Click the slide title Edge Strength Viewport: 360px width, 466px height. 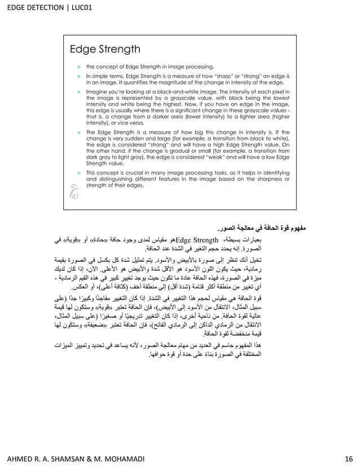point(104,49)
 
